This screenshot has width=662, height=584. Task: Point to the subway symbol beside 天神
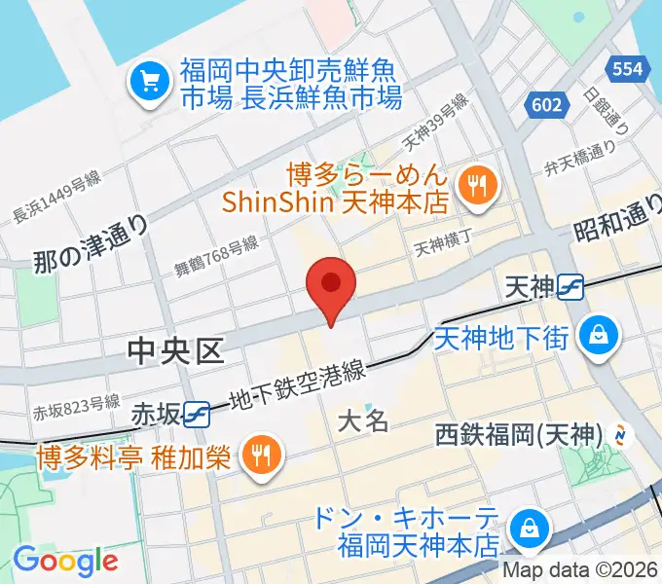[x=571, y=286]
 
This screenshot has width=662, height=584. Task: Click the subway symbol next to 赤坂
[x=198, y=413]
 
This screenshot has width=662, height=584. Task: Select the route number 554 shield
[x=627, y=68]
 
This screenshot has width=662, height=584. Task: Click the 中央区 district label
[x=176, y=351]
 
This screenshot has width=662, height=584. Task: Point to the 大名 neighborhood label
[x=363, y=420]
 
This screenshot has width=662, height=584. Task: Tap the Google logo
[x=65, y=560]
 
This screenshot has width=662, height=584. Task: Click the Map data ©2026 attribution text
[x=581, y=569]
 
